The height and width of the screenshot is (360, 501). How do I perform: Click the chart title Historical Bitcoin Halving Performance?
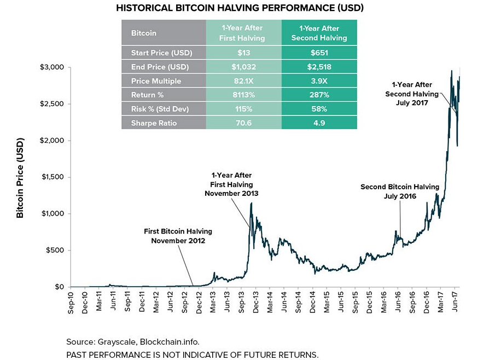click(x=239, y=8)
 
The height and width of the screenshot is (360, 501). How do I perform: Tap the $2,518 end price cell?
click(x=319, y=67)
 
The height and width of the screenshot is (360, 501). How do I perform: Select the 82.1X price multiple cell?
click(x=243, y=81)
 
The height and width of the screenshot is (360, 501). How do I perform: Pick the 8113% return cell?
click(x=243, y=95)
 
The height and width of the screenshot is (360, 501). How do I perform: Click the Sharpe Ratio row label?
click(x=154, y=123)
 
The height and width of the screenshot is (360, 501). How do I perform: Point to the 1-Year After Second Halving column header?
click(x=319, y=33)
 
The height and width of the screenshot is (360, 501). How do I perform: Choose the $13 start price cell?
click(x=243, y=53)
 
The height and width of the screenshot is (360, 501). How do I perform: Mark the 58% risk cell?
click(x=319, y=109)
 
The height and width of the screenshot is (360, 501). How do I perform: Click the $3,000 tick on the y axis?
click(x=53, y=67)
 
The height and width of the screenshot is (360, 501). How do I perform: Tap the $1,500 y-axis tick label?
click(x=53, y=177)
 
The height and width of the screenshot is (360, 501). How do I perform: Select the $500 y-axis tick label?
click(x=55, y=251)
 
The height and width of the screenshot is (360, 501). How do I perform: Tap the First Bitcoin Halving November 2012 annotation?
click(x=178, y=236)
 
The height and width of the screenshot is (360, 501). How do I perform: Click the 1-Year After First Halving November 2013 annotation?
click(x=231, y=184)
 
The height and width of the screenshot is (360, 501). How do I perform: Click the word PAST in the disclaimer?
click(x=77, y=354)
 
